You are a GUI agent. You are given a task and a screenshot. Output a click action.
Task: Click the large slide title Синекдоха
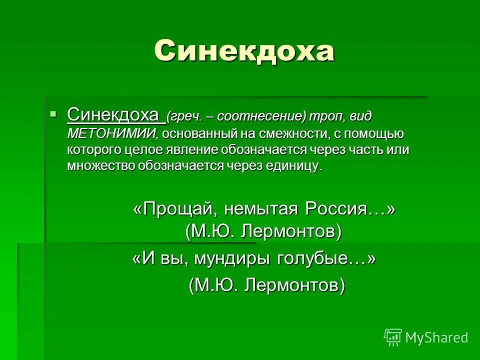(243, 51)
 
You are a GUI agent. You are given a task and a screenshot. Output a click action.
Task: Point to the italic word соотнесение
(261, 117)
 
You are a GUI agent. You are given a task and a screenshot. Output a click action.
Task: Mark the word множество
(100, 166)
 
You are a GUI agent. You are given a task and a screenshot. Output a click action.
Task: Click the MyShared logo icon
(393, 337)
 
